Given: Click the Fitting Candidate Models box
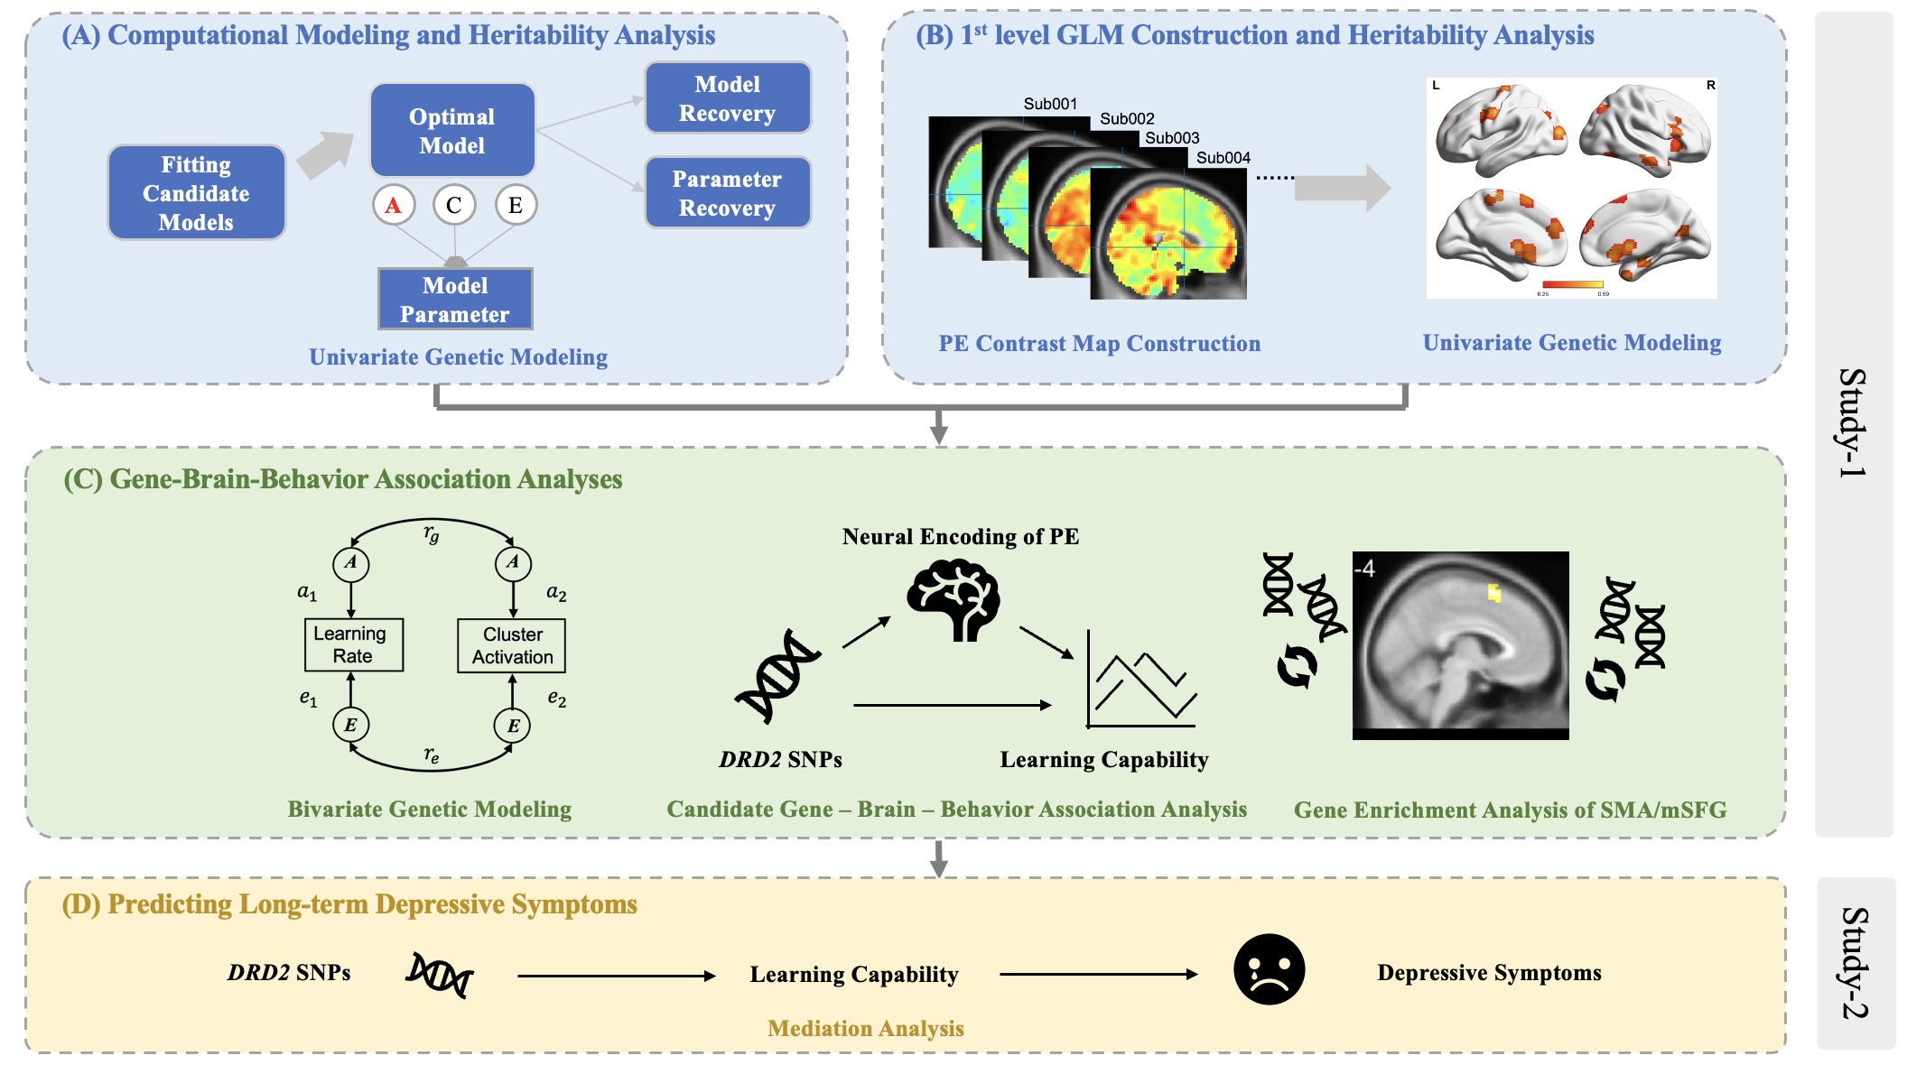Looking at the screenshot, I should (x=196, y=192).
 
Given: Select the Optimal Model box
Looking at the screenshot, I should (x=451, y=131).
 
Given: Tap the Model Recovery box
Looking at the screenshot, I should (x=727, y=98).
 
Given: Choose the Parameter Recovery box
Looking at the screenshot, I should (x=727, y=193).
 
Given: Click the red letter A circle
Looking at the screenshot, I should (x=393, y=205).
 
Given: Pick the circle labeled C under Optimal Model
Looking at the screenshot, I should (x=453, y=205).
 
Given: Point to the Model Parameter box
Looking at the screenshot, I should (x=455, y=300).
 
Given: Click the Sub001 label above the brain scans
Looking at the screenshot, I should (x=1050, y=104).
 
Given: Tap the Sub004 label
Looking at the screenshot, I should (x=1223, y=158).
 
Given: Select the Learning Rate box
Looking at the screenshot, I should (x=353, y=644).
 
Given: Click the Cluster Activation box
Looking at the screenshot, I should (x=512, y=645).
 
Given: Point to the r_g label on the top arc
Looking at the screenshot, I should (x=432, y=533).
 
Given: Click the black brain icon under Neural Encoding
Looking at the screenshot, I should (x=953, y=599).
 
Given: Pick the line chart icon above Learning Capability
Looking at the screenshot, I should (x=1142, y=681).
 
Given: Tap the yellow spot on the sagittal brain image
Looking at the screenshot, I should (x=1494, y=592).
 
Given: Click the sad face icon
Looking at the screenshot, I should (x=1269, y=969).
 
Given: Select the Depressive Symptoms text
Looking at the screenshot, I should (x=1489, y=973).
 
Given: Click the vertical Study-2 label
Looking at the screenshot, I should (x=1854, y=963).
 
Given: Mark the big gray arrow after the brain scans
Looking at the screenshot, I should (x=1342, y=188).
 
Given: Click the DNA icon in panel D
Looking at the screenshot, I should (x=440, y=975).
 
